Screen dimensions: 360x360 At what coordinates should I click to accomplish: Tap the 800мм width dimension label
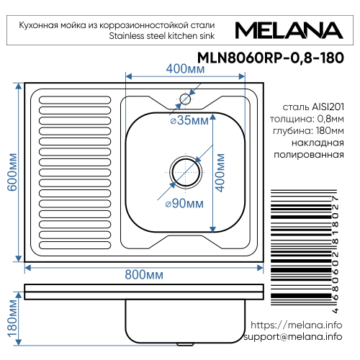[x=143, y=275]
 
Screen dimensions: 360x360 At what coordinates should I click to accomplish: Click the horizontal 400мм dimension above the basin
[x=184, y=69]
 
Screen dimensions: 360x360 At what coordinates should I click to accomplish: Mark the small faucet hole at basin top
[x=185, y=99]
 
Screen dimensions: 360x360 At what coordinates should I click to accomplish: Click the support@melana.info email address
[x=292, y=337]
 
